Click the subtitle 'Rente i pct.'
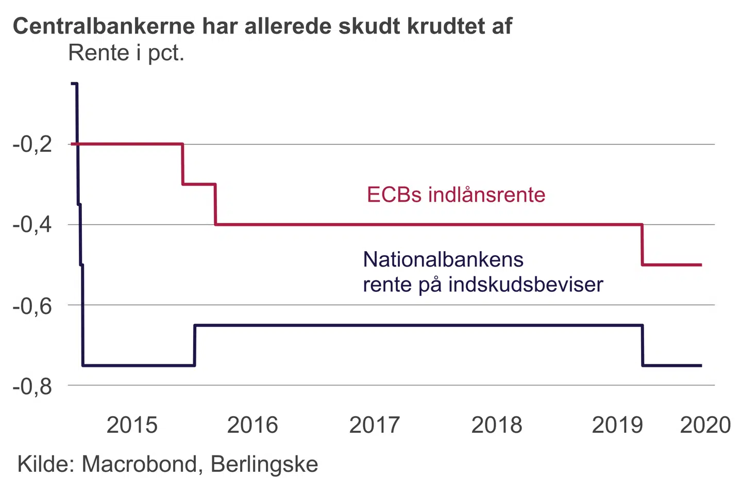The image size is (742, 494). (x=126, y=53)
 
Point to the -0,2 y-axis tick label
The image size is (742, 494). (x=32, y=145)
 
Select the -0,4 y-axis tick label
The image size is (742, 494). (x=32, y=225)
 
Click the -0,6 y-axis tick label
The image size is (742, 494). (x=32, y=306)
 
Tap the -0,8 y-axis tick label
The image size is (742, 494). (x=32, y=386)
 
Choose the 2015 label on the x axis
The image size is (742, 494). (x=132, y=425)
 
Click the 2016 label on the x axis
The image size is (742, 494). (x=252, y=425)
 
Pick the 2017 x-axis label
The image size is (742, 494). (x=375, y=425)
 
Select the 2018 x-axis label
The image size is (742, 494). (x=497, y=425)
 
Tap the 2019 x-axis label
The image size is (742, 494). (x=617, y=425)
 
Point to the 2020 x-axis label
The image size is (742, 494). (x=705, y=425)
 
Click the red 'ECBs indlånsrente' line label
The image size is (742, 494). (x=456, y=195)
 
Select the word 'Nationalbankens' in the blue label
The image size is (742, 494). (x=443, y=259)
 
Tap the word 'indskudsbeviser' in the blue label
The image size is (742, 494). (x=526, y=285)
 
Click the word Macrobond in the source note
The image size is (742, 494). (x=139, y=464)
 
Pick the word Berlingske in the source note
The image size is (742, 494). (x=264, y=464)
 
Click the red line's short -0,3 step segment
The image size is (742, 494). (x=199, y=184)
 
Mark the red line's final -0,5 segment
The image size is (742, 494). (x=672, y=264)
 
